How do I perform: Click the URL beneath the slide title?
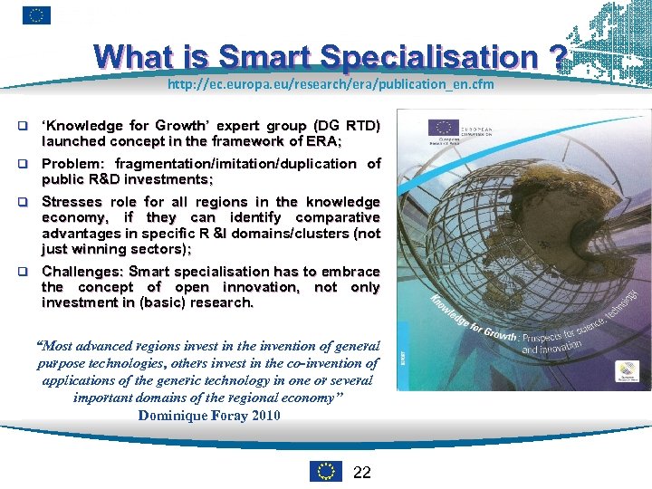point(330,84)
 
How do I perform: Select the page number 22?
point(361,471)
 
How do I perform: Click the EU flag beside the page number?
point(326,471)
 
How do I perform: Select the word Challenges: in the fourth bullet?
point(83,272)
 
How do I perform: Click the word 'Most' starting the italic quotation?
point(55,347)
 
